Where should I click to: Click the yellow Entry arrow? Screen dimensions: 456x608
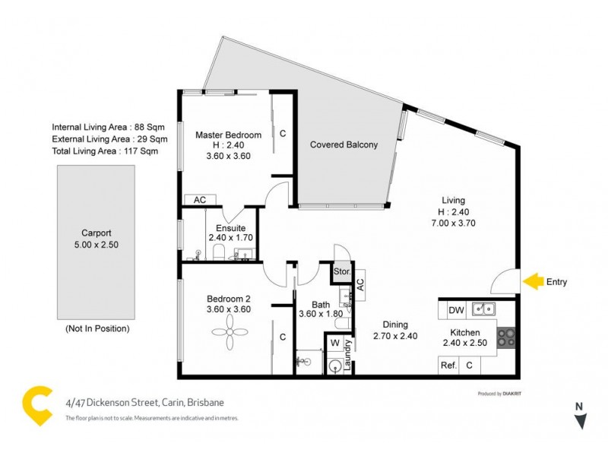534,282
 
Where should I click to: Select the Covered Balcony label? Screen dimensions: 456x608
344,144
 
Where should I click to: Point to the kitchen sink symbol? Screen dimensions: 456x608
483,309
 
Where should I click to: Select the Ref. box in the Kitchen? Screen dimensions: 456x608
449,366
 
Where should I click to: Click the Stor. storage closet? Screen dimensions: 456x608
341,271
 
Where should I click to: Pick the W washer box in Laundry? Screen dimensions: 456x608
335,343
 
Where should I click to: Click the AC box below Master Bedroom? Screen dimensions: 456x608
201,200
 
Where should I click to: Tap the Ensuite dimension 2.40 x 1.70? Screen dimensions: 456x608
230,237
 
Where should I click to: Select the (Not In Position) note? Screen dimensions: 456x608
97,328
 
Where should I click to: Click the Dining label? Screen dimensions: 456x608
395,323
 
